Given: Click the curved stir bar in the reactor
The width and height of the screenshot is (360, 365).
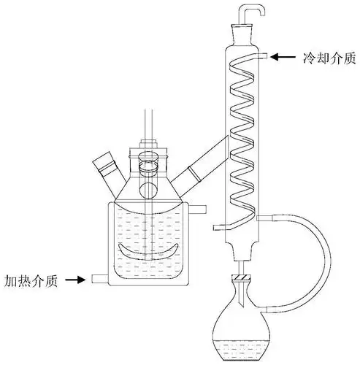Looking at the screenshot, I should [x=150, y=252].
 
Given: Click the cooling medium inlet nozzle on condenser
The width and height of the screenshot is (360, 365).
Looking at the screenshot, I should [x=264, y=55].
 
